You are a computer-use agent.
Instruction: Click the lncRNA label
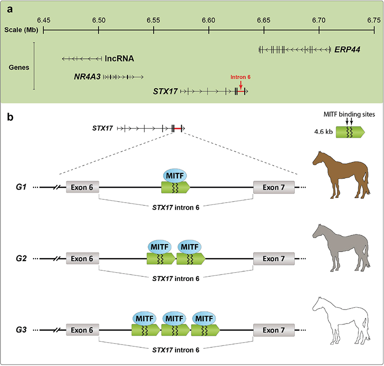(119, 59)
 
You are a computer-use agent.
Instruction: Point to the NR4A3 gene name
(87, 76)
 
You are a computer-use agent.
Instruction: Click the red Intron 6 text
(241, 77)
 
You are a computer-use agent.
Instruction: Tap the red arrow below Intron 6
(241, 84)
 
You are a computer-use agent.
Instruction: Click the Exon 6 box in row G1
(83, 188)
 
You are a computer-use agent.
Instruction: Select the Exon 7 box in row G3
(274, 330)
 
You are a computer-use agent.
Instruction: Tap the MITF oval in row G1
(175, 175)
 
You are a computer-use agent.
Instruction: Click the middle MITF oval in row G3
(175, 317)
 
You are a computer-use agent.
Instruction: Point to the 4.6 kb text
(324, 132)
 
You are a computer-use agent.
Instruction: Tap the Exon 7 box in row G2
(274, 259)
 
